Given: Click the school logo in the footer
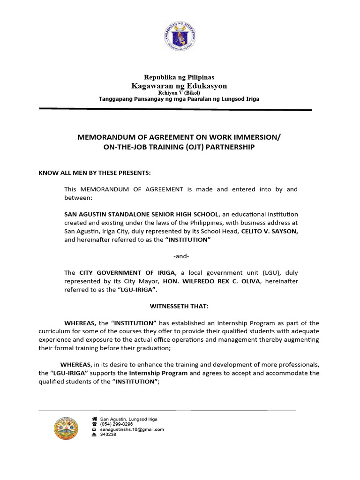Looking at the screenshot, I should tap(67, 428).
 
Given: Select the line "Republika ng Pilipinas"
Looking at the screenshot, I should tap(179, 77).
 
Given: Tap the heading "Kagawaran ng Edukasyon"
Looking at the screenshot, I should tap(179, 86).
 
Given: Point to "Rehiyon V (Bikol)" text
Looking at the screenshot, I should tap(179, 93).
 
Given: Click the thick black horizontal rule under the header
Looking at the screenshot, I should tap(175, 110).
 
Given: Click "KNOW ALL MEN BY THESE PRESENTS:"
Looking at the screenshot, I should tap(95, 173).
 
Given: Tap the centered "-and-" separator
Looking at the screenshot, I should tap(180, 256).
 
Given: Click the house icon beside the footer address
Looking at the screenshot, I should tap(94, 419).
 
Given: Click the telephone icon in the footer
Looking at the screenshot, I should tap(94, 424).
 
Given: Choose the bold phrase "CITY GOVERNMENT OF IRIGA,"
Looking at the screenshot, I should tap(127, 273).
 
